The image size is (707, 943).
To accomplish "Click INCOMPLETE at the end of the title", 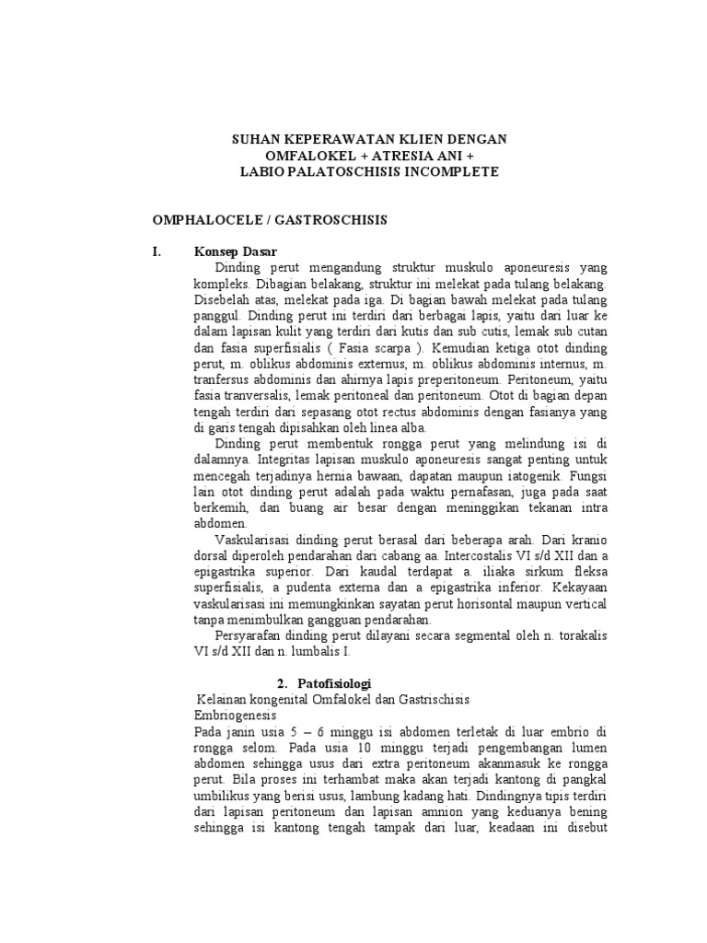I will click(451, 172).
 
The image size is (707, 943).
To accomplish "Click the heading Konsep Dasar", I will click(237, 251).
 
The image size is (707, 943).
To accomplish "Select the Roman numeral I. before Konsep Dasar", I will click(156, 251).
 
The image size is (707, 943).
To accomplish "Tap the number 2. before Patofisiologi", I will click(283, 683).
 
